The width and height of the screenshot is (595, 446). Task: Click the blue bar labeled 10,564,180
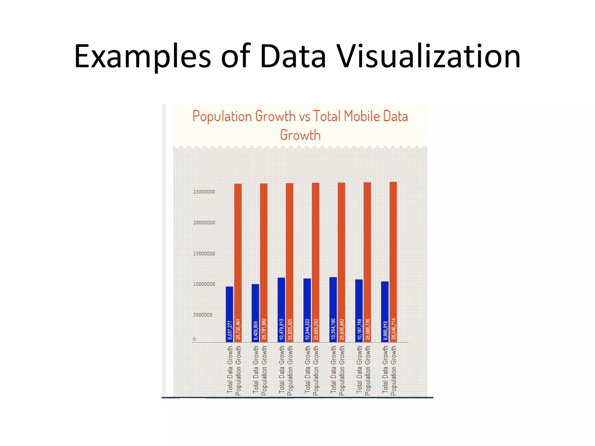point(333,310)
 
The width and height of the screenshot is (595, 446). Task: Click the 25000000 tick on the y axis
point(204,192)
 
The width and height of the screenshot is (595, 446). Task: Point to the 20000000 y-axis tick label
point(204,223)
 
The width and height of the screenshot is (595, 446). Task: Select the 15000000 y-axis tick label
point(204,253)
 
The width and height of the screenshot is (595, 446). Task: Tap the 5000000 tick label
point(203,315)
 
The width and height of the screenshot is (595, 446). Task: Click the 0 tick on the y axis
point(194,339)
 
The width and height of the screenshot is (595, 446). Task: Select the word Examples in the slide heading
point(142,57)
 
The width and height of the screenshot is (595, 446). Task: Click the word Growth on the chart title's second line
point(300,135)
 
